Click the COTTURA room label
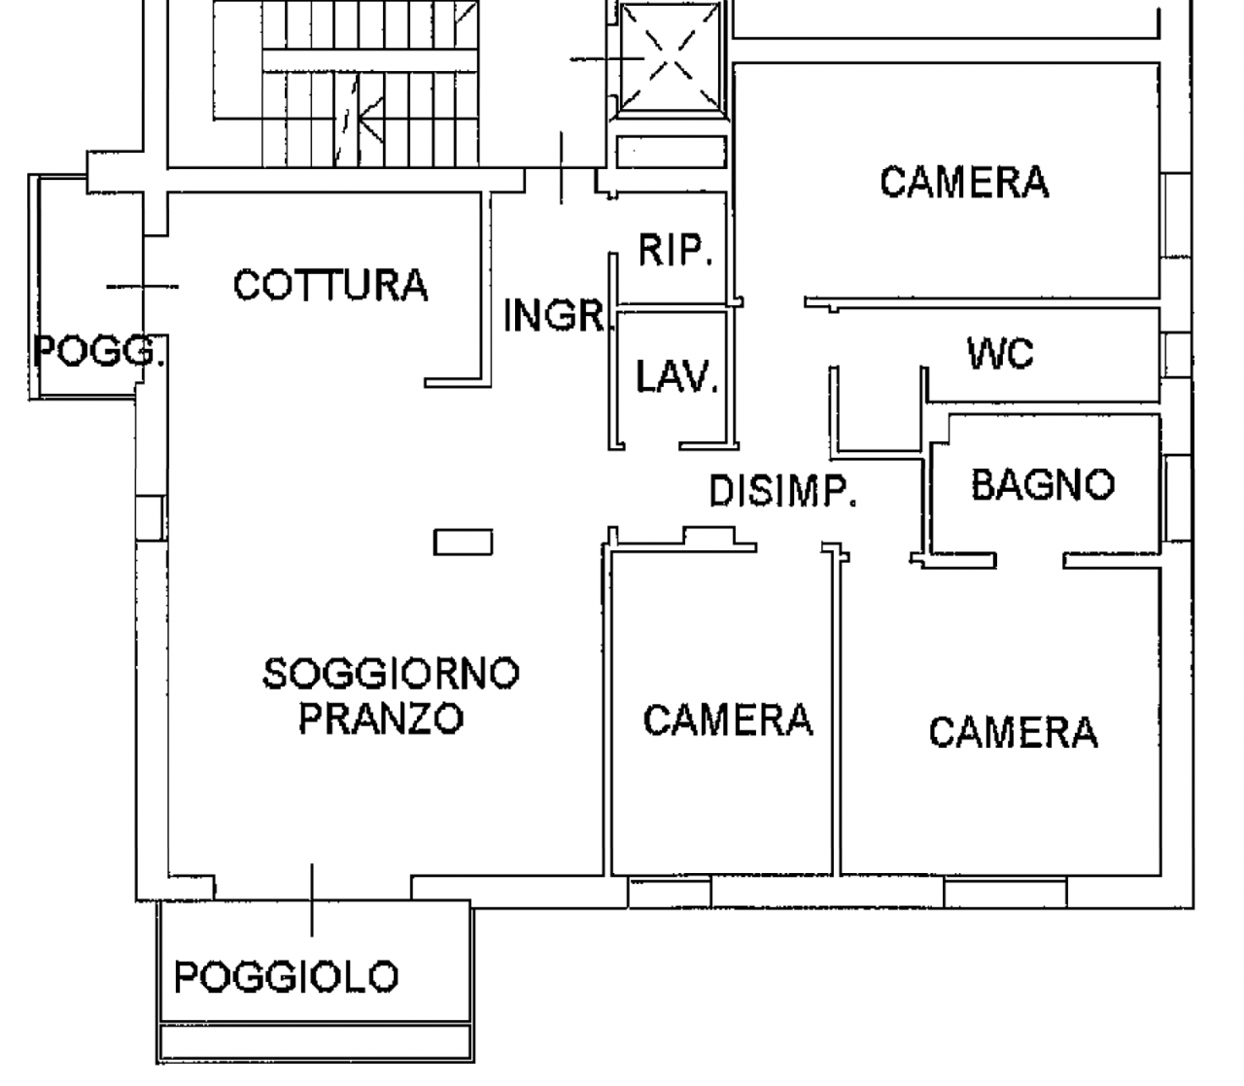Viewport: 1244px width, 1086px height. pos(330,285)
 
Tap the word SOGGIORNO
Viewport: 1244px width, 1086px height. pos(391,673)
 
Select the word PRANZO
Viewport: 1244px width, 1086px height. pos(380,718)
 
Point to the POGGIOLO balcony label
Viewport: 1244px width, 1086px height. pos(286,976)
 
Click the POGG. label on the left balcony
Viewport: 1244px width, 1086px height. pos(97,350)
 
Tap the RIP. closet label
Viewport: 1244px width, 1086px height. pos(675,250)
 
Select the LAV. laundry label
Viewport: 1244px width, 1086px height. pos(676,376)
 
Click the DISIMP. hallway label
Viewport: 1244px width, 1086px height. pos(782,492)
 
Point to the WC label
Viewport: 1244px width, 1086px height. pos(1000,354)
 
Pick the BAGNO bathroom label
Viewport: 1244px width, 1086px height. pos(1042,484)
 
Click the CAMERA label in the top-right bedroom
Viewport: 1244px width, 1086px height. pos(964,182)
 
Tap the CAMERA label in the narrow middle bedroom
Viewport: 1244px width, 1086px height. pos(727,719)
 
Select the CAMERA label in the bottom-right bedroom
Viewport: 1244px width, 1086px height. pos(1013,731)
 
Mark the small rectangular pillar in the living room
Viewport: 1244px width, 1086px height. pos(463,542)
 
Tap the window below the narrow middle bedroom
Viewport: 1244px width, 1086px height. pos(670,891)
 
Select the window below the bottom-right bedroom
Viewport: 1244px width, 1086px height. pos(1004,891)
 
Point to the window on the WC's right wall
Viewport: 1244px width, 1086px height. pos(1177,354)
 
